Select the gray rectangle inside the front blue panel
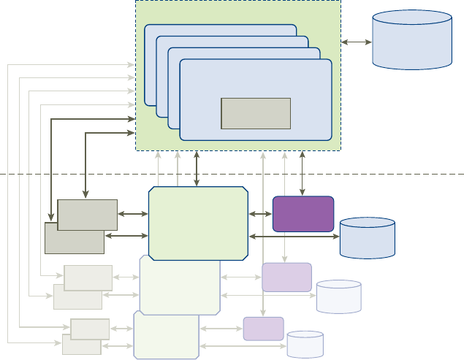[256, 113]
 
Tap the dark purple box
[303, 214]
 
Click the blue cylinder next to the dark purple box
[368, 238]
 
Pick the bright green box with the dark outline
[198, 223]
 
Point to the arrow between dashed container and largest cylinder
[357, 42]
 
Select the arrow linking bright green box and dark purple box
[259, 214]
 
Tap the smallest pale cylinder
[305, 345]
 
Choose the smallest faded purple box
[263, 329]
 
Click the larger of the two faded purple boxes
[286, 277]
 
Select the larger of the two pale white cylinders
[339, 296]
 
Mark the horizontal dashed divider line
[73, 174]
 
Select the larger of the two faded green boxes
[180, 286]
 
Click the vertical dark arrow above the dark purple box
[303, 173]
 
